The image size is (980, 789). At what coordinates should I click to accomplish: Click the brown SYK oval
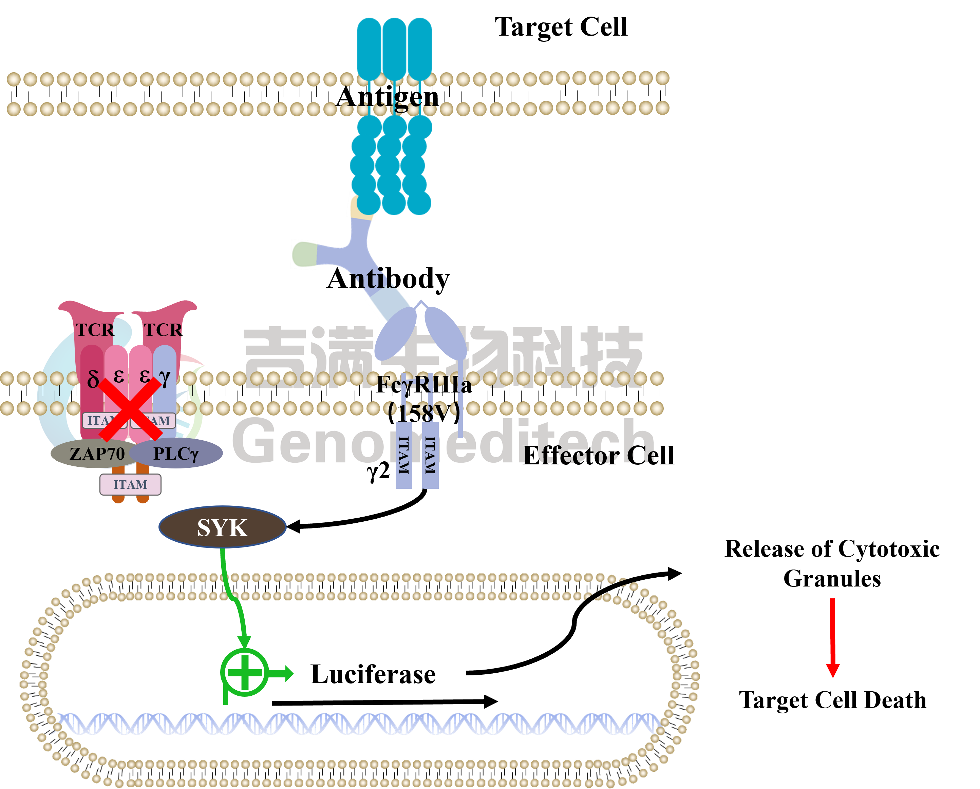click(222, 527)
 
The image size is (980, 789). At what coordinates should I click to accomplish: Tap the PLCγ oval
click(177, 454)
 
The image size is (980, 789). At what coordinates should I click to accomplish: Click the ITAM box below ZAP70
click(130, 484)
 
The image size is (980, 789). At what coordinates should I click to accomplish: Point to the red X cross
click(130, 409)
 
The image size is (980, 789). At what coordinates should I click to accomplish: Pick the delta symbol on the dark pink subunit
click(93, 378)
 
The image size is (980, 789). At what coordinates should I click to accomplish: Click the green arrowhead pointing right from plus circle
click(288, 673)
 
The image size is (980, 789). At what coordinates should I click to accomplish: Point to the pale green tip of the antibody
click(304, 254)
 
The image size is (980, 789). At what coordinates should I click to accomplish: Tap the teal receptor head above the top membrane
click(394, 48)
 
